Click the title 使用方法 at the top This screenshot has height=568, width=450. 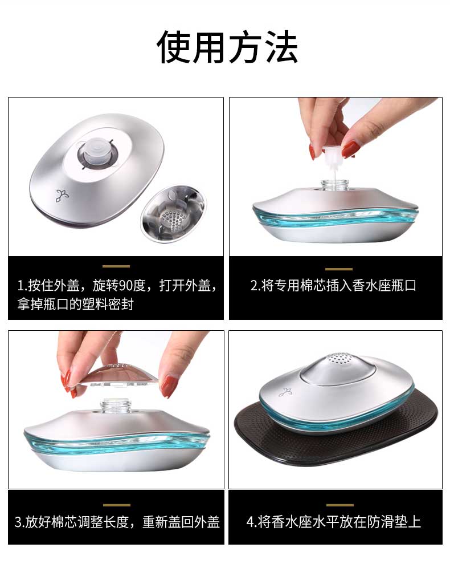point(227,47)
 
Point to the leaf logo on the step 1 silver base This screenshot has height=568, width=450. point(62,196)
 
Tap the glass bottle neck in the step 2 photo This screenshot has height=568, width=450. point(335,184)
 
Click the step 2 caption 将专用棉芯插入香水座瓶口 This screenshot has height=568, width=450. point(338,286)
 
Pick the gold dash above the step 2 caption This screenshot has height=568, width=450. point(338,269)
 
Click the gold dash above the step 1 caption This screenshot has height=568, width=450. point(116,266)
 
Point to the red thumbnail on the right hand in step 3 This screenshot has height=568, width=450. point(169,386)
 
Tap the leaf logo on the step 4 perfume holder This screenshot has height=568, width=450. point(285,392)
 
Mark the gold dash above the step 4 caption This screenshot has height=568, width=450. point(339,505)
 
